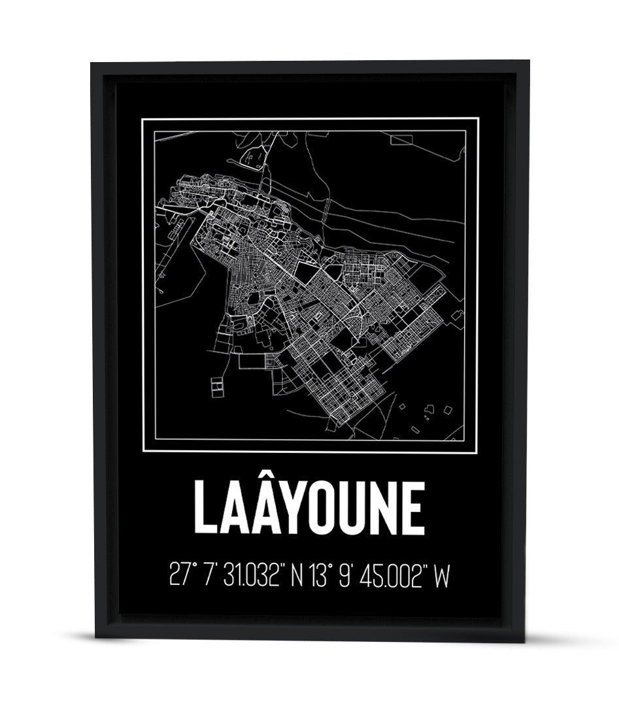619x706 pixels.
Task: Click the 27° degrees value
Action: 181,576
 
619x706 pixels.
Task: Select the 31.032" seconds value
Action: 251,576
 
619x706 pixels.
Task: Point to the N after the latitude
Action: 297,576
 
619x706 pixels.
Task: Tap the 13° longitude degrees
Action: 321,576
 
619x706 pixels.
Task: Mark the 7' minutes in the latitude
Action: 209,576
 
